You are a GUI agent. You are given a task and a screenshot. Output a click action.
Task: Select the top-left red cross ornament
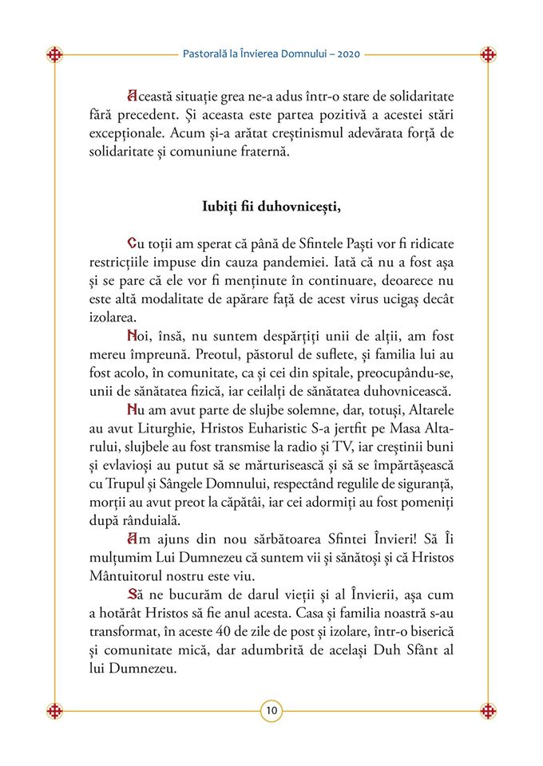tap(54, 54)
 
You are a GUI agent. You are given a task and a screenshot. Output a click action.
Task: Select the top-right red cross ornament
tap(488, 54)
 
